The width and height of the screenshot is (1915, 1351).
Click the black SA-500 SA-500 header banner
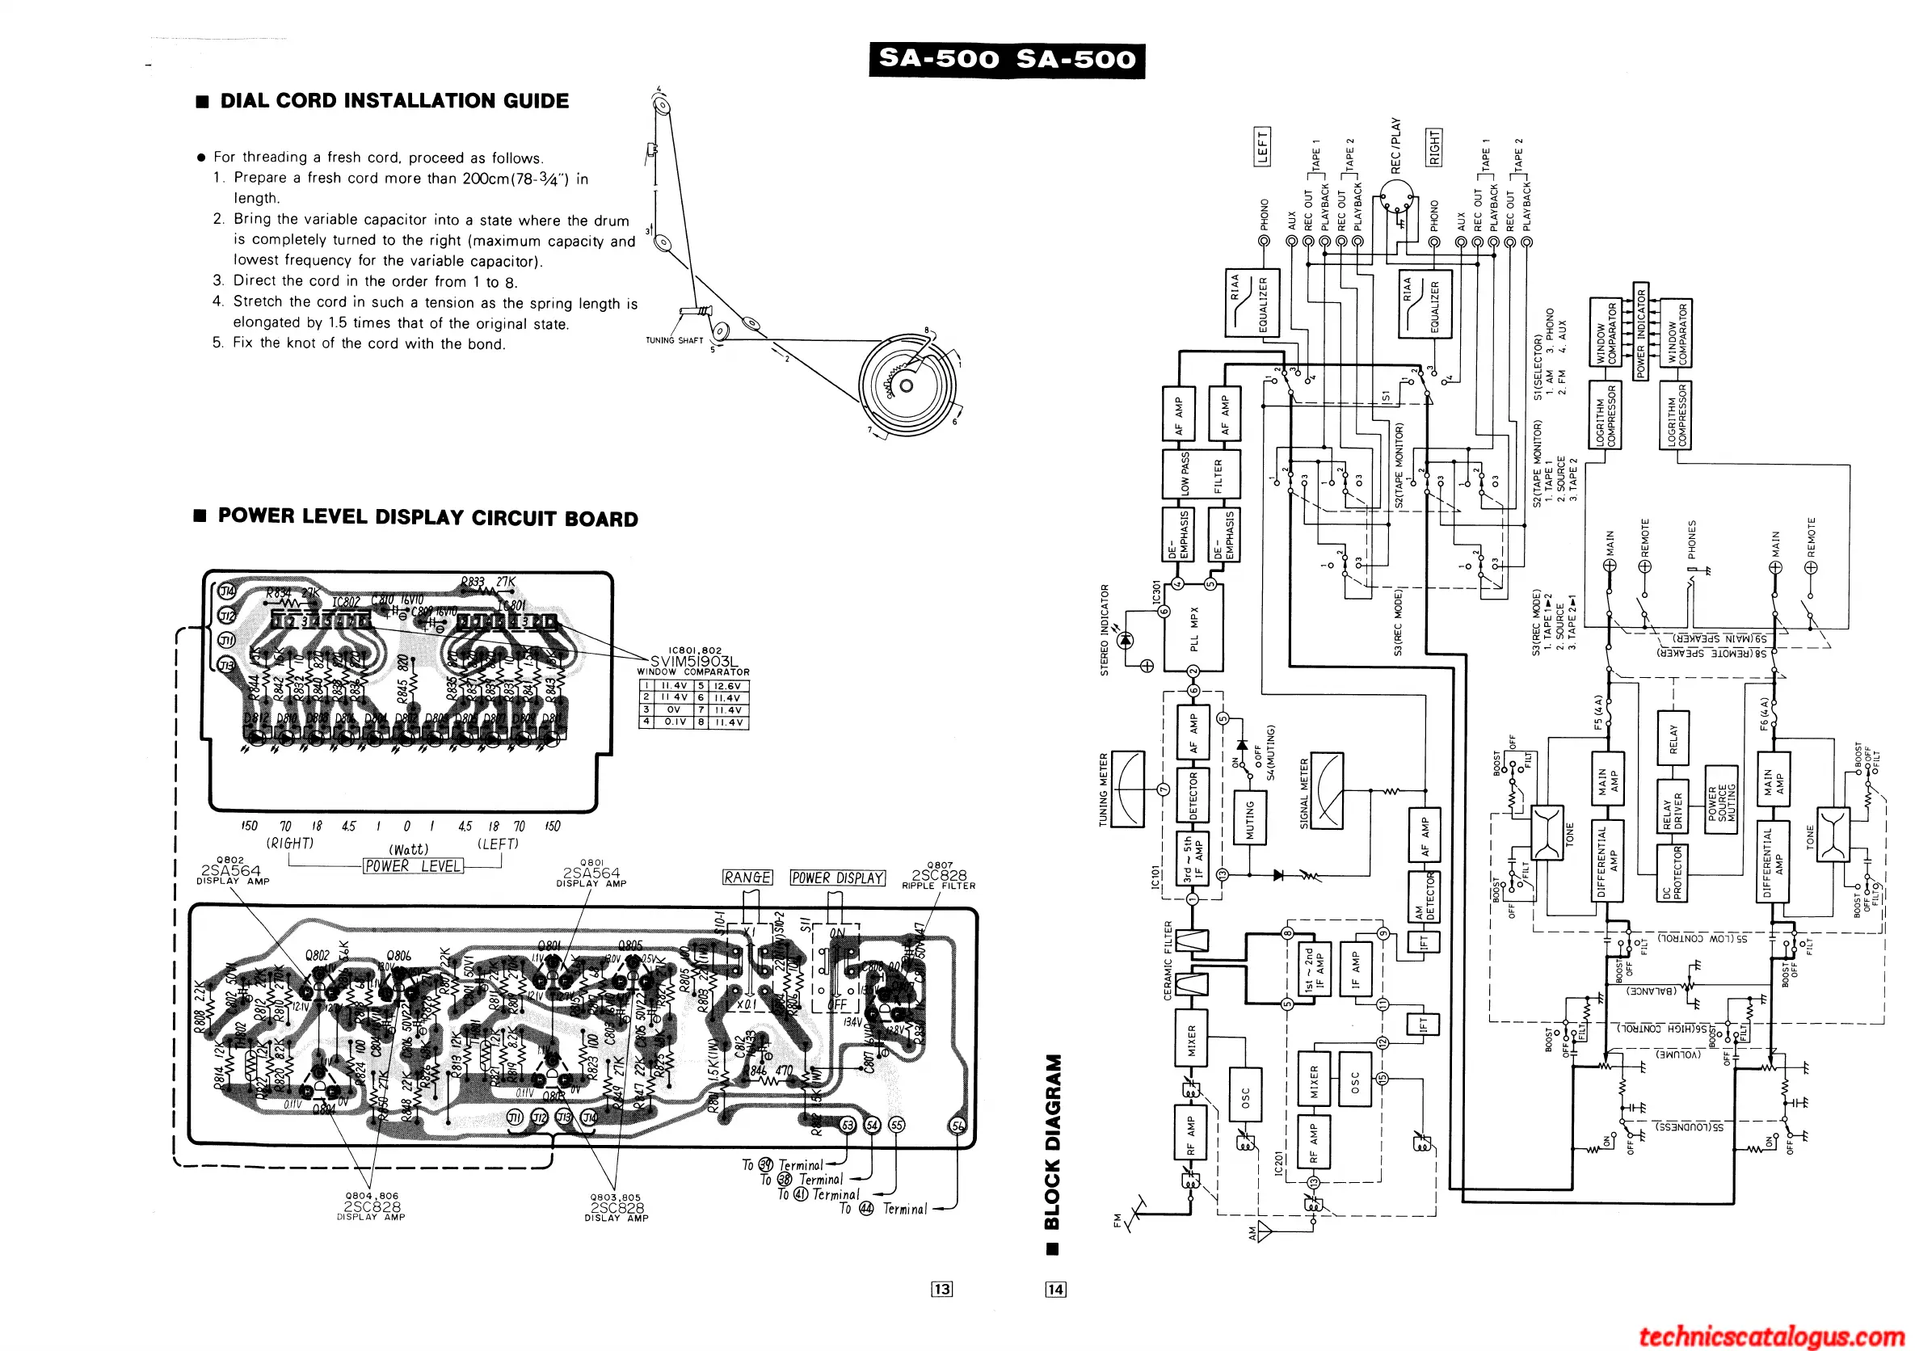1007,59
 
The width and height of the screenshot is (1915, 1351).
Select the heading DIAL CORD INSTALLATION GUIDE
394,101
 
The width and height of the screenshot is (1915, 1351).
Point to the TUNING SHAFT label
674,340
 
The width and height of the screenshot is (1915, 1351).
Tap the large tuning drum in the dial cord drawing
907,385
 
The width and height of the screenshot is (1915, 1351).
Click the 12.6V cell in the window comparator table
728,686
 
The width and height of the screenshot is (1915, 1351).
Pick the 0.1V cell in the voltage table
674,722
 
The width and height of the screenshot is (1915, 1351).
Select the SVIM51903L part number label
694,661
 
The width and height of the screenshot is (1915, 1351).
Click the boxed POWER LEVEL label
413,866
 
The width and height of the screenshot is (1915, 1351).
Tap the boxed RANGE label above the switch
747,878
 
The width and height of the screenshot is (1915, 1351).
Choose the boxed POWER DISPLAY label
837,878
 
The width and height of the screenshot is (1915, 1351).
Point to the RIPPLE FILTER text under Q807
938,886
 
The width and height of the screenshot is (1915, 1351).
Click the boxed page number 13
941,1290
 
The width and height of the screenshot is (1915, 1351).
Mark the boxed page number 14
1055,1290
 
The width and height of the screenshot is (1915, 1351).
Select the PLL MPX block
1194,628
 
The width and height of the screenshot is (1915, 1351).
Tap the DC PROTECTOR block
1673,873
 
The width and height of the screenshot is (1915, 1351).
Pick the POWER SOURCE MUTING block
1720,802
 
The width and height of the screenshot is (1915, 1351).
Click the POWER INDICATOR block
1640,331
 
